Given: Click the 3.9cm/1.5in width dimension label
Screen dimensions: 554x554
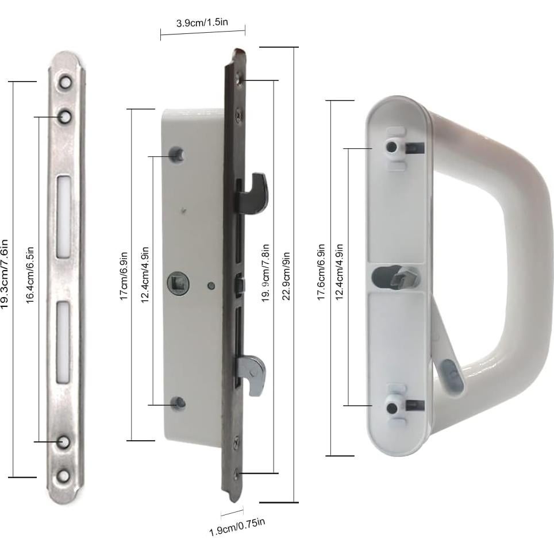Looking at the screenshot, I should pos(202,23).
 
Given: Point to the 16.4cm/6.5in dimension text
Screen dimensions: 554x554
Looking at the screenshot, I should pos(32,274).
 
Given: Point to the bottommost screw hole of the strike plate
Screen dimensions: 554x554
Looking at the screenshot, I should pos(64,476).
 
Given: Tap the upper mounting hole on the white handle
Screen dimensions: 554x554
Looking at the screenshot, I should pos(391,147).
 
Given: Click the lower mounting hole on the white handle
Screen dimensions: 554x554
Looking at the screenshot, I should pos(391,408).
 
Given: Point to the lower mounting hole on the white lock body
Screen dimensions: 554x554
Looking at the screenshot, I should pos(179,403).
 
